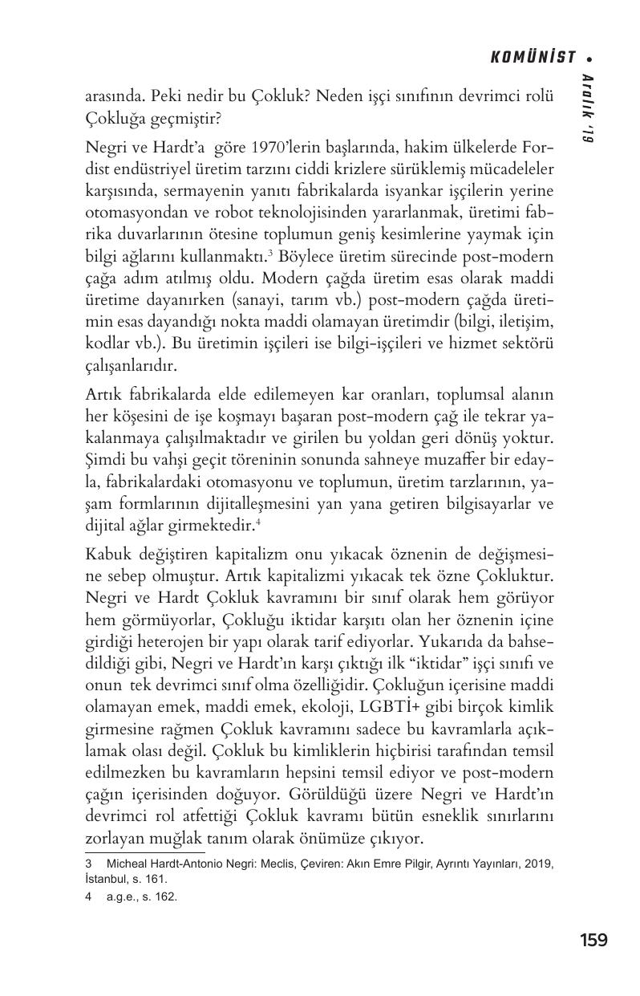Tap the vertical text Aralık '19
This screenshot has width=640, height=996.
(588, 108)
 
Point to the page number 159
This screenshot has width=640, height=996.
(593, 940)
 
